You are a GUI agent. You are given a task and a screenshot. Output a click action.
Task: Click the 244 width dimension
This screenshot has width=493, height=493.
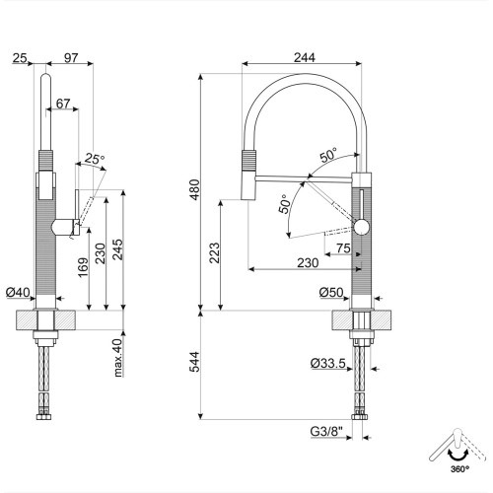click(304, 58)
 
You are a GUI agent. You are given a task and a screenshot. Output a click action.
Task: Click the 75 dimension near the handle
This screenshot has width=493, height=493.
click(343, 247)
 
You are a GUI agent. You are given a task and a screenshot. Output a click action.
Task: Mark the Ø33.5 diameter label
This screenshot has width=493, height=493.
click(326, 364)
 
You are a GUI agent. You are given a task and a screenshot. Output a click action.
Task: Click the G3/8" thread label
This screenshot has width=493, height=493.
click(326, 430)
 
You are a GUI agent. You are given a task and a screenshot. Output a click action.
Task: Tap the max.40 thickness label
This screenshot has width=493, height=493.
click(116, 358)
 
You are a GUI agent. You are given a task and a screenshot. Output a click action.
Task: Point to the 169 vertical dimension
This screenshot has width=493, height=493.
click(82, 266)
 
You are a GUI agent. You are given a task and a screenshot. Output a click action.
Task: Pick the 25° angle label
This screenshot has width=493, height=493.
click(94, 158)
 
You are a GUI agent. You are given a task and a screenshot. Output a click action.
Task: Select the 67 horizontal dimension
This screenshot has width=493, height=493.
click(63, 104)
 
